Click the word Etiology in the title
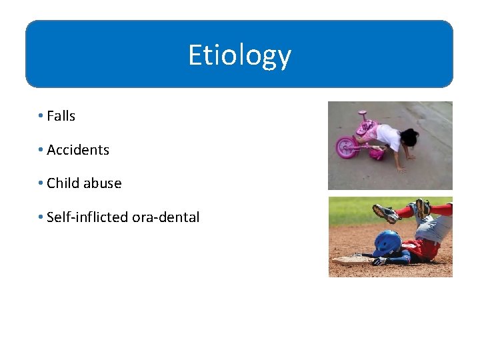239,55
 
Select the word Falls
61,116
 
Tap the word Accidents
78,150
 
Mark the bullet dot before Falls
41,116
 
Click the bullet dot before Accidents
41,150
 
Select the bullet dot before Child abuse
41,183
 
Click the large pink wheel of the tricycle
347,146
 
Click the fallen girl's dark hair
409,138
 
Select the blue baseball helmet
387,243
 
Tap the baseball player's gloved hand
379,261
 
